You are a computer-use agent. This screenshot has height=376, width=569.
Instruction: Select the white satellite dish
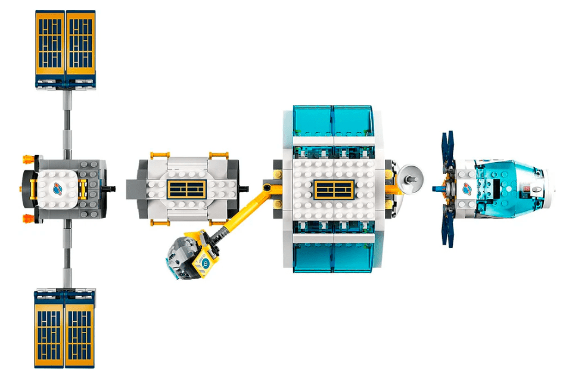click(x=409, y=176)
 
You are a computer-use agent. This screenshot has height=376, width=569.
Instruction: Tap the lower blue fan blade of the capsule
click(x=447, y=224)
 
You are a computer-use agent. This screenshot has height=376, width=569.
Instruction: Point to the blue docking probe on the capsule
click(x=437, y=189)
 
